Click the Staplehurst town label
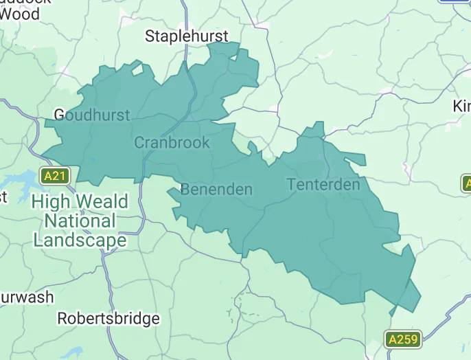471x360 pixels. coord(187,36)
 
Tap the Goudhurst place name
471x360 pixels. coord(91,115)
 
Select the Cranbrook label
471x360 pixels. coord(172,142)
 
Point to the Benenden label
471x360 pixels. coord(216,190)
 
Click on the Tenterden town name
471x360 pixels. coord(323,185)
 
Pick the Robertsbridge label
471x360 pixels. coord(108,319)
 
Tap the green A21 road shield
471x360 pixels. coord(54,176)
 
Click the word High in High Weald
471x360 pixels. coord(52,202)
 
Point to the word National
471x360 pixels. coord(80,221)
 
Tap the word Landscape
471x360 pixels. coord(80,240)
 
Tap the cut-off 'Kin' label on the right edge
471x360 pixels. coord(462,106)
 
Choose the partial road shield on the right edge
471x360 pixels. coord(466,183)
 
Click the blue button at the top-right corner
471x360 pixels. coord(455,1)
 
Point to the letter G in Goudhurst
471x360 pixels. coord(60,115)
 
